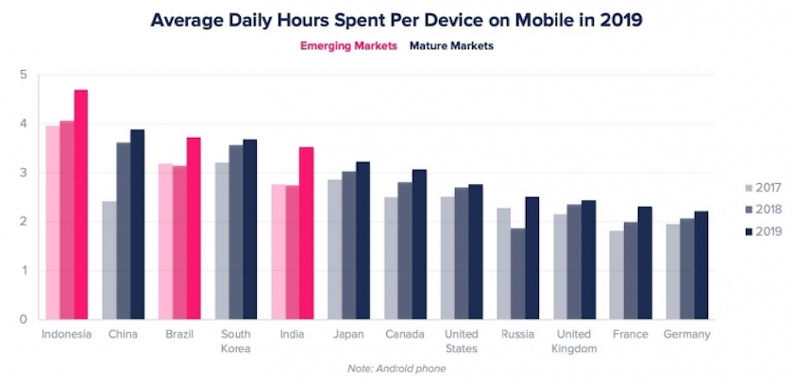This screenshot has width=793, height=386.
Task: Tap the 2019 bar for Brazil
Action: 194,227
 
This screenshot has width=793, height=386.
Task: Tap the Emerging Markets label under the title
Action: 349,45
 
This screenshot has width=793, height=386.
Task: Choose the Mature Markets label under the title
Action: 451,45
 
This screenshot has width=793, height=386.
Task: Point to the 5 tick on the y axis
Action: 23,75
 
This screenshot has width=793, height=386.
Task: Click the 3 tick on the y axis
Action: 23,173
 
